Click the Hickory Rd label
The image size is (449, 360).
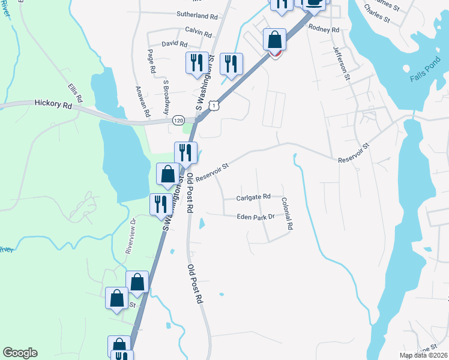53,104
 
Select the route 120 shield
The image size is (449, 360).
178,121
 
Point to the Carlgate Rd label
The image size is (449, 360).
253,197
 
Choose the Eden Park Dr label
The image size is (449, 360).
255,217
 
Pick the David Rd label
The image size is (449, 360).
175,44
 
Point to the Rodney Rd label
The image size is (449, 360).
324,28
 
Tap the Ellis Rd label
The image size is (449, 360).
74,92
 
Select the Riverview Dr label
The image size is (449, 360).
131,237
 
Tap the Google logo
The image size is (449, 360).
20,353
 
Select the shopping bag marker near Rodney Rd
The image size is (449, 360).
275,41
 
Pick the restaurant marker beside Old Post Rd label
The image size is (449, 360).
185,153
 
